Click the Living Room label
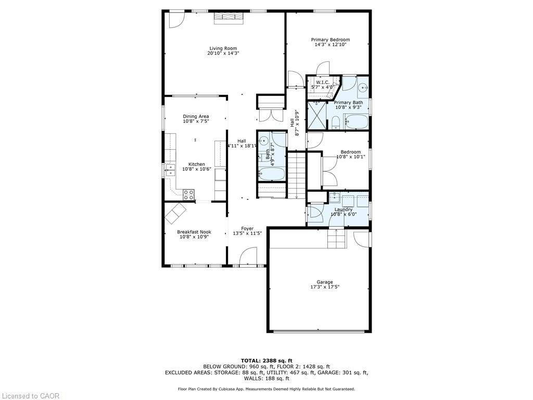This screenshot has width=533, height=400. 223,48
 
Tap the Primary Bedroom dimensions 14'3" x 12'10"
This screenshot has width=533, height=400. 330,45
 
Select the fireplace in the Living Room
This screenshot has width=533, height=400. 229,18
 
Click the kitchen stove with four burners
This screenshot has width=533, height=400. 188,195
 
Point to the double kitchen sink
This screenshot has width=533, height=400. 170,170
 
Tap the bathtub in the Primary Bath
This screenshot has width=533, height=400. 357,121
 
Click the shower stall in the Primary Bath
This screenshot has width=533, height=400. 316,115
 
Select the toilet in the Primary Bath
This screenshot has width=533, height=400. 336,123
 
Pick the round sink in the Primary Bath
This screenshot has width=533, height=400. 363,87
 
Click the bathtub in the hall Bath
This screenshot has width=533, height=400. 272,174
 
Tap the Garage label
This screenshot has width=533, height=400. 325,282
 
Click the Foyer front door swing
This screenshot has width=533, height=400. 248,256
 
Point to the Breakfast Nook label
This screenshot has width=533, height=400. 194,232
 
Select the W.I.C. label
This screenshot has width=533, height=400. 323,82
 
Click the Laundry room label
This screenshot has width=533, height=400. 344,209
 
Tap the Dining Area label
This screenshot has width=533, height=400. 196,116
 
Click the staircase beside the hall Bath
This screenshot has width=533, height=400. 297,176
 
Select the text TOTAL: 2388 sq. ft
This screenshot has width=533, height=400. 266,360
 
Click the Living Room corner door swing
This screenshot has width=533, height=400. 177,20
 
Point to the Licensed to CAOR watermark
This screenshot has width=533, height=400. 30,396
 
